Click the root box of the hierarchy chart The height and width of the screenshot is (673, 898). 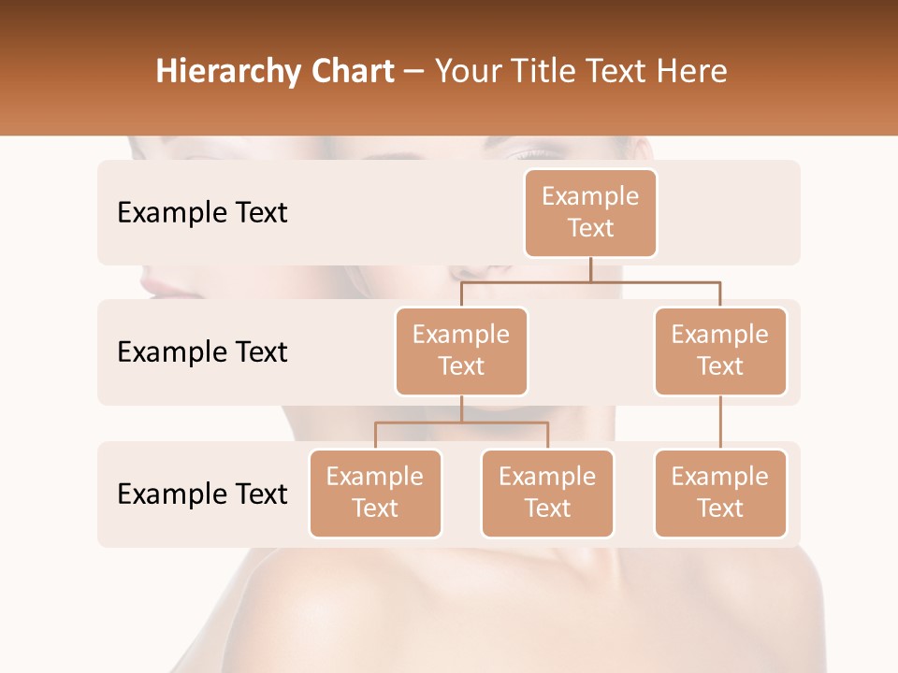590,212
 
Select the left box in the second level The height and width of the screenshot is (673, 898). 461,351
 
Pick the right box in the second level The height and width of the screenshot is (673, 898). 720,351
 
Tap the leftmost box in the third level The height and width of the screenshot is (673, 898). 375,493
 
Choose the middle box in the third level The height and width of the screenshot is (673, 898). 547,493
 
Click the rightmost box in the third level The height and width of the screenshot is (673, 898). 720,493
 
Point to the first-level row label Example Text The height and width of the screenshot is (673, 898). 202,213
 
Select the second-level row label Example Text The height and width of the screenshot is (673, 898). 202,352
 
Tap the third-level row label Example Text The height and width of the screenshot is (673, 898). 202,494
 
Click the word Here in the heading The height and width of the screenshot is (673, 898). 690,72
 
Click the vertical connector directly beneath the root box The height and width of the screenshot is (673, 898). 590,269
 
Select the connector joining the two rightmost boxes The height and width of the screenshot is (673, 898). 720,422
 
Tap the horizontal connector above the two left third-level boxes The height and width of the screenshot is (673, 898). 461,422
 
